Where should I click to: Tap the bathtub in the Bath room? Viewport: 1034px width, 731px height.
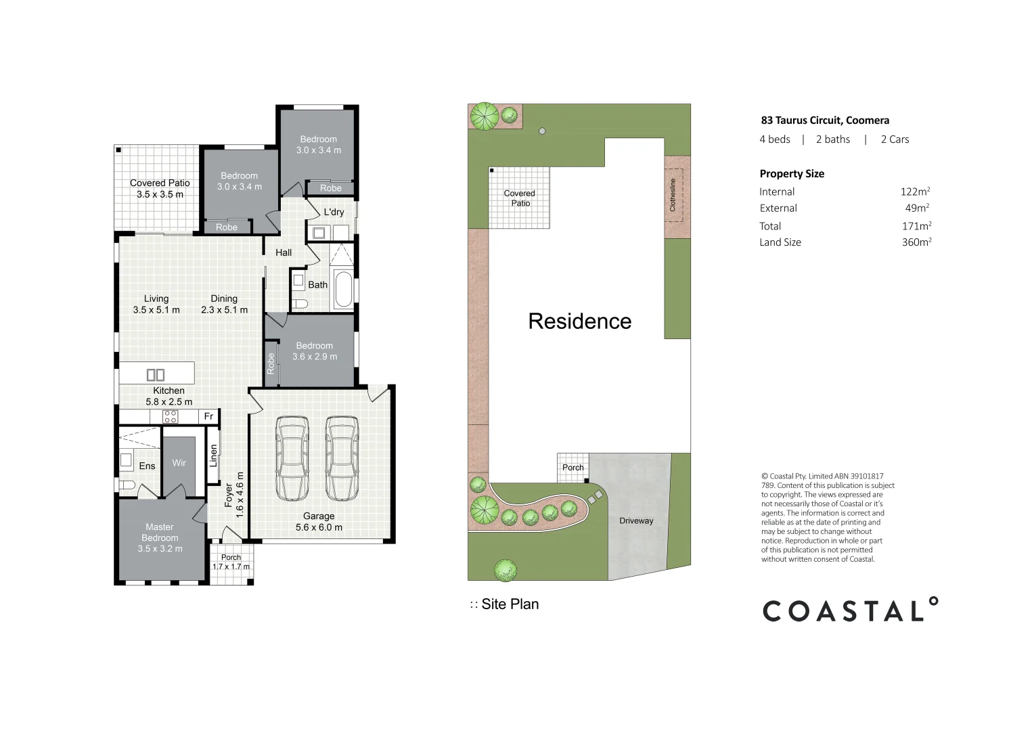tap(344, 289)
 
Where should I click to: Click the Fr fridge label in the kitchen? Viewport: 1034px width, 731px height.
tap(208, 416)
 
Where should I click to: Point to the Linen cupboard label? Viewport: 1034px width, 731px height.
tap(214, 456)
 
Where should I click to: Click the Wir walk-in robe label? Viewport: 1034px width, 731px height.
tap(179, 463)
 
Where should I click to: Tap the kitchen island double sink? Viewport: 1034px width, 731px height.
tap(156, 374)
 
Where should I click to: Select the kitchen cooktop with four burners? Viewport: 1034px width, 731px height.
tap(171, 416)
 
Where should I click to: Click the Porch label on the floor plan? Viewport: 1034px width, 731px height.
tap(231, 558)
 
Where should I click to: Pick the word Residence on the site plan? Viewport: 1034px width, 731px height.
tap(579, 321)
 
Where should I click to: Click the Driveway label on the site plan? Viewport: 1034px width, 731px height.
tap(636, 520)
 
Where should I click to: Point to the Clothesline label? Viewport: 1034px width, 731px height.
tap(673, 195)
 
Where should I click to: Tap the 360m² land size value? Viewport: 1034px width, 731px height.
tap(916, 242)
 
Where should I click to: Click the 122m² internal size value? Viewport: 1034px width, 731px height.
tap(915, 192)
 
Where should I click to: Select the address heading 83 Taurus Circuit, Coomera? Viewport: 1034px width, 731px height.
tap(825, 120)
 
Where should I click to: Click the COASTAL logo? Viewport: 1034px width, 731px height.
tap(850, 611)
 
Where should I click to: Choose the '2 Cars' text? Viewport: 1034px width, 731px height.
tap(895, 139)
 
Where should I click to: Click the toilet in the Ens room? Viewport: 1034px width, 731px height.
tap(127, 485)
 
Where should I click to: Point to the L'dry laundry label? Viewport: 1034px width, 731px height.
tap(334, 212)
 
